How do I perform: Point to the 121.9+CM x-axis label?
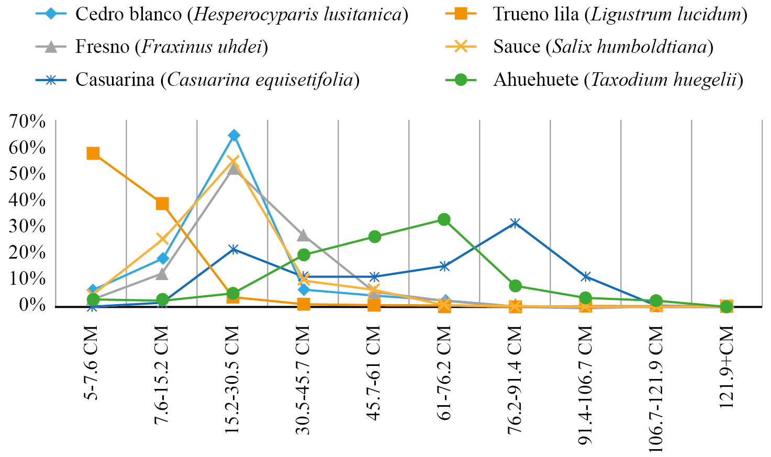point(727,366)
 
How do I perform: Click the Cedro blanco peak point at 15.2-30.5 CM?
point(234,136)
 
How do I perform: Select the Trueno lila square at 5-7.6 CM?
point(93,153)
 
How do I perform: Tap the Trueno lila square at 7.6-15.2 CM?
point(162,204)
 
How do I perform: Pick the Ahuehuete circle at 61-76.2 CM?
point(444,219)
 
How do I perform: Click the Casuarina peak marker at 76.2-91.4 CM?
point(515,223)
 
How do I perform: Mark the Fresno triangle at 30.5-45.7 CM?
point(303,236)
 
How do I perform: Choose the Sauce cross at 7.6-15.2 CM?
point(162,239)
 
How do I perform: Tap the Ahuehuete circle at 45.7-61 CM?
point(374,237)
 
